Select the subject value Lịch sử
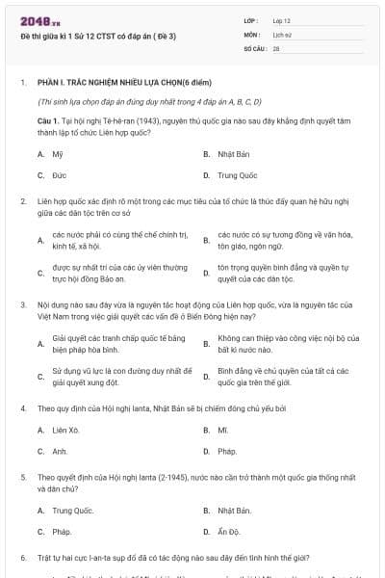tap(281, 33)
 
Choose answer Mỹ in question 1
tap(58, 154)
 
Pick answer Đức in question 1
tap(59, 176)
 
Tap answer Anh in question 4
tap(60, 451)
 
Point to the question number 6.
tap(22, 558)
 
